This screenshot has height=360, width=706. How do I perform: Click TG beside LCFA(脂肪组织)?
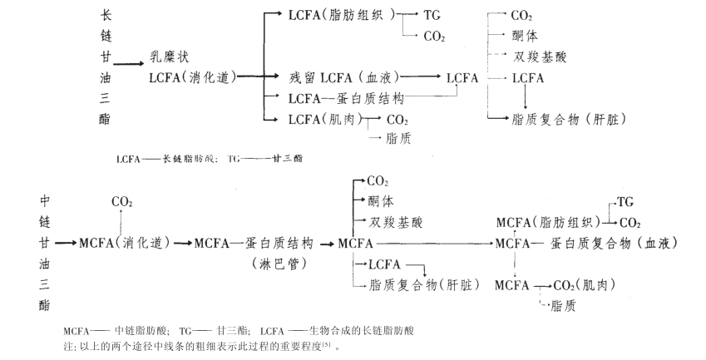433,15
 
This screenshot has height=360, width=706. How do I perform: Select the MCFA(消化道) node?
124,243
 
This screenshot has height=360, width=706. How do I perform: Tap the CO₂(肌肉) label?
585,285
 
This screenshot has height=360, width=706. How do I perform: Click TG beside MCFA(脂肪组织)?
625,202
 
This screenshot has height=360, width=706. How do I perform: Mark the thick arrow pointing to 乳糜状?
130,62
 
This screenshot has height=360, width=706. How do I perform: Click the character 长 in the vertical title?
105,14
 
